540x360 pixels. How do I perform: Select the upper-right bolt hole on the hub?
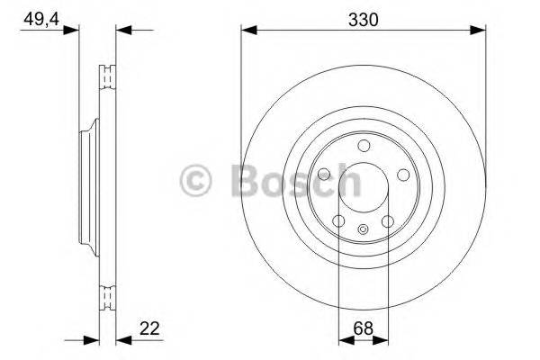pos(402,175)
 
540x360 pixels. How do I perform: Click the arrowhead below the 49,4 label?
pos(73,30)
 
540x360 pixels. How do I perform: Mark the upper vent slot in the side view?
pos(107,76)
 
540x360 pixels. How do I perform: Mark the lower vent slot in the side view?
pos(107,298)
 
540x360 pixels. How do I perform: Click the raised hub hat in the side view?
pos(86,187)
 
